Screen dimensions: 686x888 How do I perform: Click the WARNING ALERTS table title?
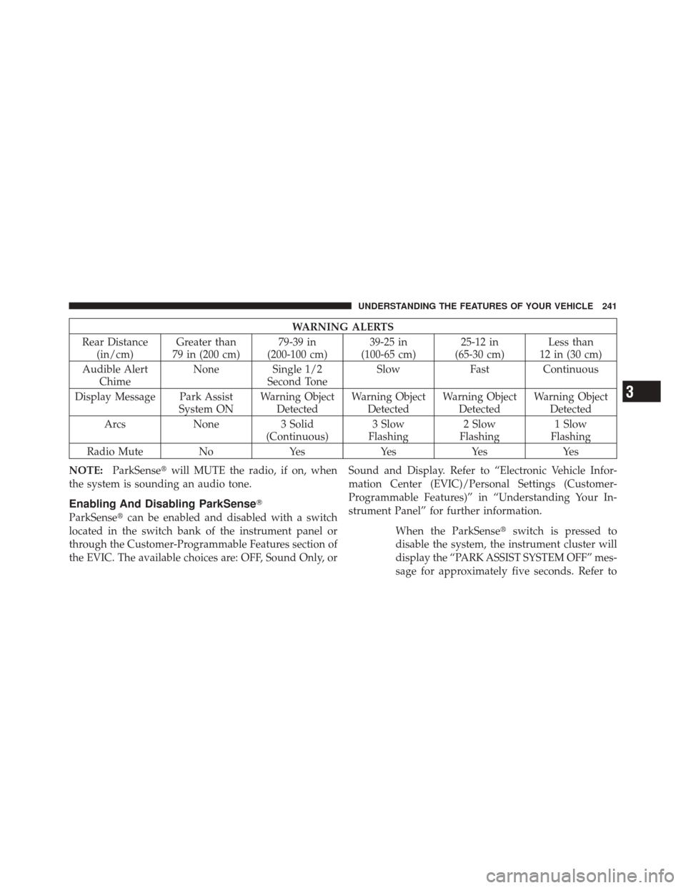click(x=343, y=327)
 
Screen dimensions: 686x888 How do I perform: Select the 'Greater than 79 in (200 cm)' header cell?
click(x=206, y=347)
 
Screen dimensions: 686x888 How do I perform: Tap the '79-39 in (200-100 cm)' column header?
click(x=297, y=347)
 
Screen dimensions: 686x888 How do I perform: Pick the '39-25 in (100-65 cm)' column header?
click(x=388, y=347)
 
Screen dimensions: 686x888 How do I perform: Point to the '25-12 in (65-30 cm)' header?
click(x=479, y=347)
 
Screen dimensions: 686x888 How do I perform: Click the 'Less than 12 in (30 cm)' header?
click(x=570, y=347)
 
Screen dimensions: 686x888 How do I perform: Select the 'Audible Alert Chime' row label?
click(x=115, y=375)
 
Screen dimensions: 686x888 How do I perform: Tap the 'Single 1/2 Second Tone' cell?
click(x=297, y=375)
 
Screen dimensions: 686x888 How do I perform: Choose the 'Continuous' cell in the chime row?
click(x=570, y=370)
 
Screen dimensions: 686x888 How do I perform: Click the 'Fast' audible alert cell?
click(x=479, y=370)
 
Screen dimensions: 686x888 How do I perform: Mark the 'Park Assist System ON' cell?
click(x=206, y=403)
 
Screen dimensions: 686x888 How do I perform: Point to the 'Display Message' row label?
click(x=115, y=397)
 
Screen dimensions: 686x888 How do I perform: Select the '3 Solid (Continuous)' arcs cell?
click(x=297, y=430)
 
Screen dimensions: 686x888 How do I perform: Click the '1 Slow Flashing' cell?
click(x=570, y=430)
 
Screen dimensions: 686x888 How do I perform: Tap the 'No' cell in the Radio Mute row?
click(x=206, y=452)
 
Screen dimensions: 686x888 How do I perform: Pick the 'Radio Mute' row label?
click(x=115, y=452)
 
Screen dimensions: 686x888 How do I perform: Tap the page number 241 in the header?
click(x=608, y=306)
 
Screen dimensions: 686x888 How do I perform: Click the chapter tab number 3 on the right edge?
click(x=642, y=391)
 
